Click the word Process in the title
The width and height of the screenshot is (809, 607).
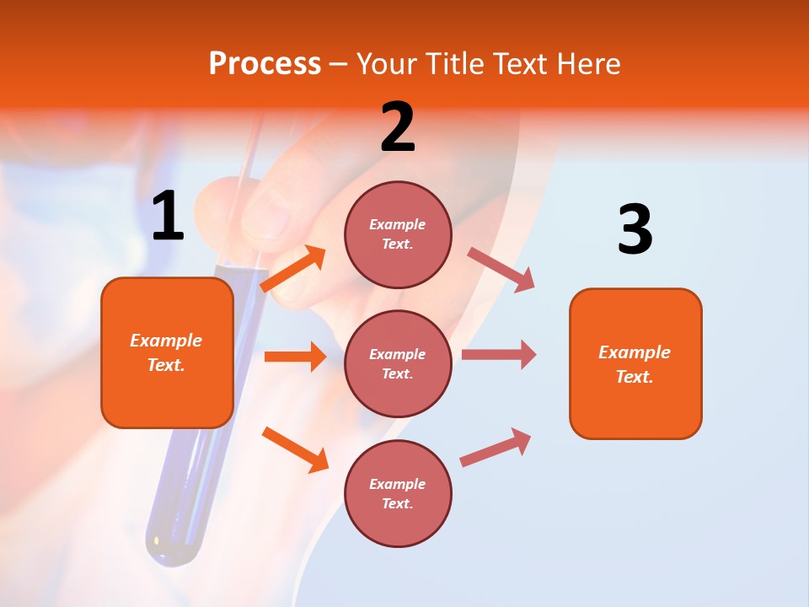(x=265, y=63)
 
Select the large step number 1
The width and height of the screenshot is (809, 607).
(x=167, y=217)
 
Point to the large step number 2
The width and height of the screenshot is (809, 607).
(x=398, y=127)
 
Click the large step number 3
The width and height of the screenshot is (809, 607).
(x=635, y=230)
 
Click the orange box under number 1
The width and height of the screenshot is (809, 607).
(x=167, y=352)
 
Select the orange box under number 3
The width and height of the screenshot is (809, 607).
(x=635, y=363)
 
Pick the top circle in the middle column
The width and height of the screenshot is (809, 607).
(x=398, y=234)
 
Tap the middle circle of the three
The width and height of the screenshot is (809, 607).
(x=398, y=363)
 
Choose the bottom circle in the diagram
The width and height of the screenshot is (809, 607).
(x=398, y=493)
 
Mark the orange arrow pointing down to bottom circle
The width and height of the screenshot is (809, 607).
(x=295, y=449)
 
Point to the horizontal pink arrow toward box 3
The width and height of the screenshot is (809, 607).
(x=498, y=355)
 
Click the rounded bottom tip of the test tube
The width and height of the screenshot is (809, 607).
(x=173, y=548)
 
